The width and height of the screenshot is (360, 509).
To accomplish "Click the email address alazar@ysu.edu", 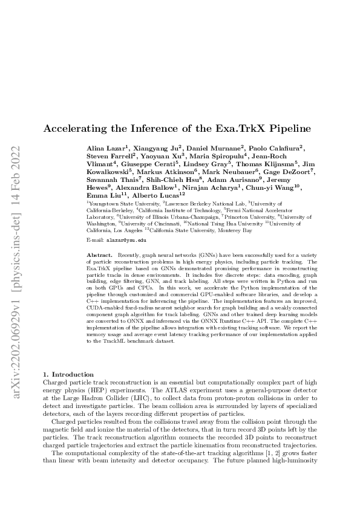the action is coord(122,240).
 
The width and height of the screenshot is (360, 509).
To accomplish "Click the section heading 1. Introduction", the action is coord(69,375).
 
